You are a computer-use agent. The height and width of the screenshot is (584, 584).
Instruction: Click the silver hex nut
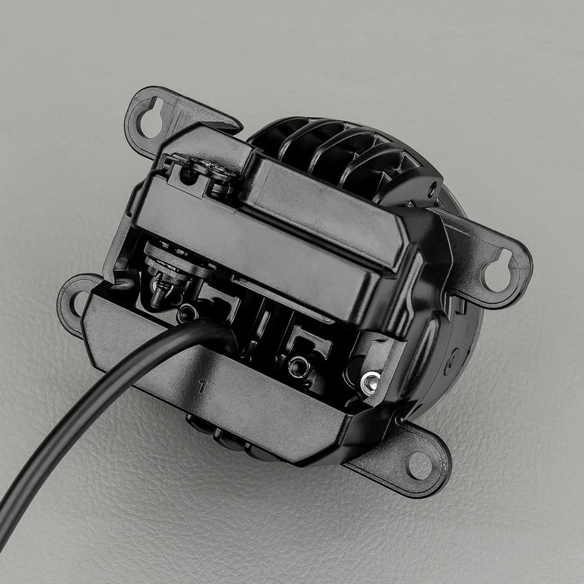[x=369, y=381]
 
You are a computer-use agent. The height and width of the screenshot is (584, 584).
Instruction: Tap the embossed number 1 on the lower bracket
[x=202, y=386]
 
